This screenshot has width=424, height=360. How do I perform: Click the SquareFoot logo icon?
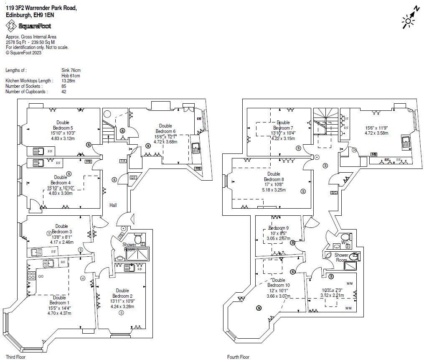point(11,26)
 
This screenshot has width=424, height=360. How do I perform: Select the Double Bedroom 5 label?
point(63,125)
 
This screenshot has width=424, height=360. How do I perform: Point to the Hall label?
point(113,205)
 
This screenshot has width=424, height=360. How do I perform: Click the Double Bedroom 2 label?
point(122,293)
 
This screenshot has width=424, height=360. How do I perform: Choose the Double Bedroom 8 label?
point(274,176)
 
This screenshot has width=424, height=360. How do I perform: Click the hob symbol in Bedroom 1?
point(31,276)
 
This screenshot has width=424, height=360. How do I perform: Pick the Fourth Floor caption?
point(239,357)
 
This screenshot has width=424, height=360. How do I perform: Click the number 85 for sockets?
point(64,86)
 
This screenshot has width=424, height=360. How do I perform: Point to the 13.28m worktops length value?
point(68,81)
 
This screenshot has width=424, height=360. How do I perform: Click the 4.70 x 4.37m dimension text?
point(59,313)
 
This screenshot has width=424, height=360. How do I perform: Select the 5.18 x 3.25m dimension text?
point(274,190)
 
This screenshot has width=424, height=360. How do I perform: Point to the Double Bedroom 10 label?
point(279,283)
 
